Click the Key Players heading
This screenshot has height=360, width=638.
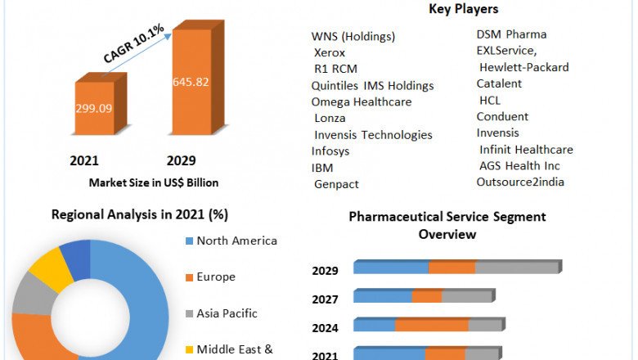click(x=464, y=9)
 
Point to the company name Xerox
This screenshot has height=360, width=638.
click(x=330, y=52)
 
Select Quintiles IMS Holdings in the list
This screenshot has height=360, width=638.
click(x=372, y=86)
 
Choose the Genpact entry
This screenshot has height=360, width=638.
click(x=336, y=184)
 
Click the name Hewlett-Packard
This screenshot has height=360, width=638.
click(x=523, y=67)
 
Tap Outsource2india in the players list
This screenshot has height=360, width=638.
click(x=520, y=182)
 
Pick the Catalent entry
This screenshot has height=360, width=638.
click(x=499, y=83)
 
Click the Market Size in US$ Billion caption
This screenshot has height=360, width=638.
click(x=153, y=182)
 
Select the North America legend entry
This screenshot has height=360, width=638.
click(x=236, y=241)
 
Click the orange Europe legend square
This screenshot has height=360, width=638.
click(x=190, y=277)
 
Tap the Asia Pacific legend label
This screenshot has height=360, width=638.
click(x=227, y=313)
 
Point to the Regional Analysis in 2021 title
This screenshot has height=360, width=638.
click(x=140, y=215)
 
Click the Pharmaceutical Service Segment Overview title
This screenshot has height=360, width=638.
click(x=447, y=225)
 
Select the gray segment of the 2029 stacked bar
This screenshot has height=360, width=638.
click(x=515, y=268)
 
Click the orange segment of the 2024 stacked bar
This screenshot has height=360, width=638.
click(x=431, y=326)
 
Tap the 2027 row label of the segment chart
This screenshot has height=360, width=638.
click(x=326, y=299)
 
